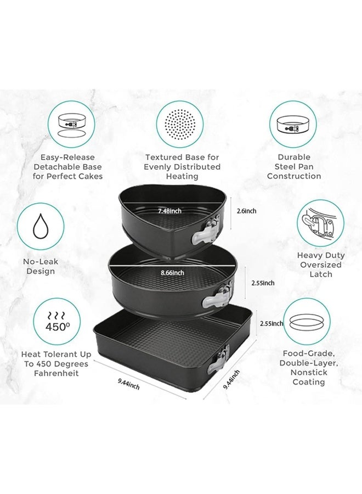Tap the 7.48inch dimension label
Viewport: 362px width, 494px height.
[x=171, y=211]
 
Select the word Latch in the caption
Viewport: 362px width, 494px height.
[x=321, y=274]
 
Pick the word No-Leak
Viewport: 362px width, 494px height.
[x=40, y=262]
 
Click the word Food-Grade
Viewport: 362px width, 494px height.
[x=308, y=354]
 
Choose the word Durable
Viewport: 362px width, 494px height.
[x=294, y=157]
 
